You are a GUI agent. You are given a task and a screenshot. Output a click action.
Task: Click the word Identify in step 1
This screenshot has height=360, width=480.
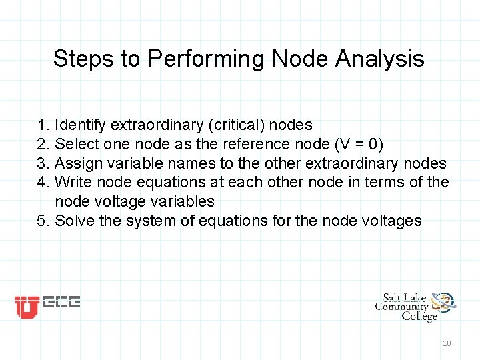point(81,125)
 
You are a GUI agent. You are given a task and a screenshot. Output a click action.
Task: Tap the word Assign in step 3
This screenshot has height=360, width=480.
point(75,163)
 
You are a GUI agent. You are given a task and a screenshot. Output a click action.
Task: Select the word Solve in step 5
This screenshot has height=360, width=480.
point(74,221)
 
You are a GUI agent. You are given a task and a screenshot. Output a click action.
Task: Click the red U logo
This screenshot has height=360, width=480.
point(27,307)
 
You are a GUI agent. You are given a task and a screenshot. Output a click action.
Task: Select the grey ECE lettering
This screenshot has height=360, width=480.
point(61,303)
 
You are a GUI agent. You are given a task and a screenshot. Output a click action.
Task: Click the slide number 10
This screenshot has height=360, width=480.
point(447,343)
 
